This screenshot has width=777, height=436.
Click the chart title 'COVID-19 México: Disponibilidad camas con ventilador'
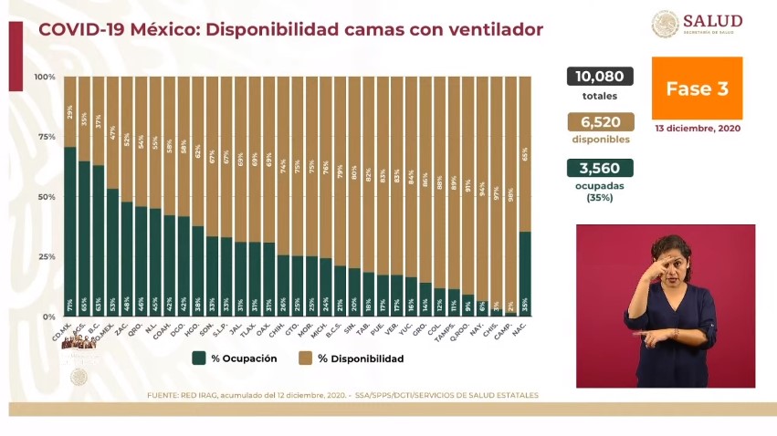pos(290,30)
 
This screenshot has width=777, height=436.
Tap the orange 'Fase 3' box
pos(697,88)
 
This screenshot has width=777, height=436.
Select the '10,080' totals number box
pos(600,77)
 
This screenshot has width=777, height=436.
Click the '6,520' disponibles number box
pos(600,122)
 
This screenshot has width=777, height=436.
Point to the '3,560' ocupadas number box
pos(600,168)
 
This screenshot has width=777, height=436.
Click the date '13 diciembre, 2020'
pos(697,129)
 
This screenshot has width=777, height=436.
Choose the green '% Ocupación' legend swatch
pos(198,358)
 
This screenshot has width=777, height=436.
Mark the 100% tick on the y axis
pos(45,77)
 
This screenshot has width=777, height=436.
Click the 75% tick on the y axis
pos(47,137)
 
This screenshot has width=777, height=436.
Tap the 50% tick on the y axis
pos(47,197)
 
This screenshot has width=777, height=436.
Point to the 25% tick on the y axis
pos(47,256)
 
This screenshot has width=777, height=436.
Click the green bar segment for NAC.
pos(525,274)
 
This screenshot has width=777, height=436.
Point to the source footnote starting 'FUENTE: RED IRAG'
pos(342,395)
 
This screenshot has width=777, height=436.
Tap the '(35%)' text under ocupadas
pos(600,197)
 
